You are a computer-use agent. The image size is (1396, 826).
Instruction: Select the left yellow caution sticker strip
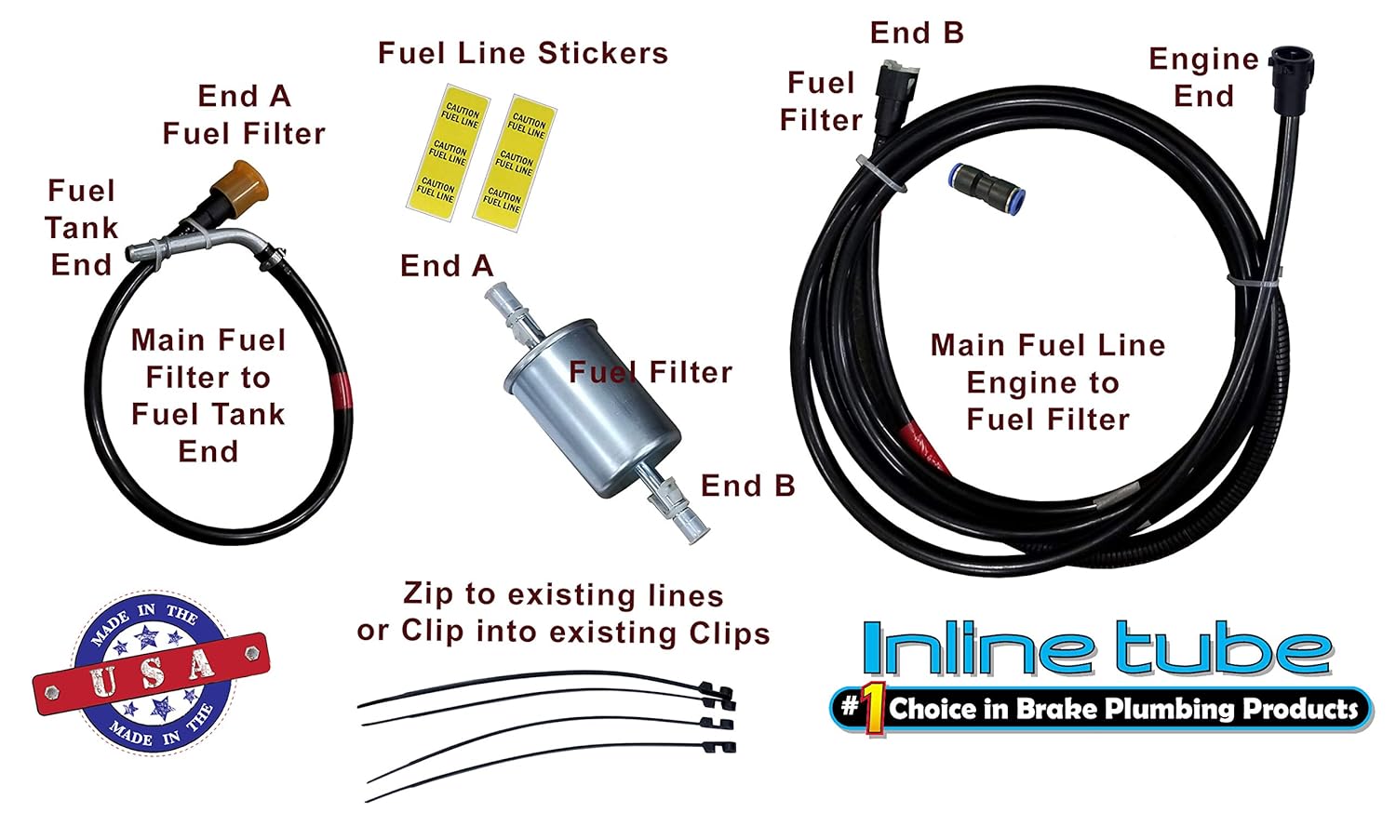coord(448,154)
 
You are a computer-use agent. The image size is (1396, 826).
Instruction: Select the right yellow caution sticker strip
coord(515,164)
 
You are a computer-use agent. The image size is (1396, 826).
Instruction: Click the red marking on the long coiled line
coord(926,445)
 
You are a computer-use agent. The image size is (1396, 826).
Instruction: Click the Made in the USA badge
coord(152,672)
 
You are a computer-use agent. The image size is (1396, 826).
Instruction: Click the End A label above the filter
coord(446,266)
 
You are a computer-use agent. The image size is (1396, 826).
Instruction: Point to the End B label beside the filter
coord(747,486)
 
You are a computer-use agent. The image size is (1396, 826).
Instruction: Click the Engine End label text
coord(1203,77)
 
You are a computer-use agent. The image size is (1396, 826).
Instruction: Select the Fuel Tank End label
coord(81,228)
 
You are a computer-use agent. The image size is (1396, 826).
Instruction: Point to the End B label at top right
coord(916,33)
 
